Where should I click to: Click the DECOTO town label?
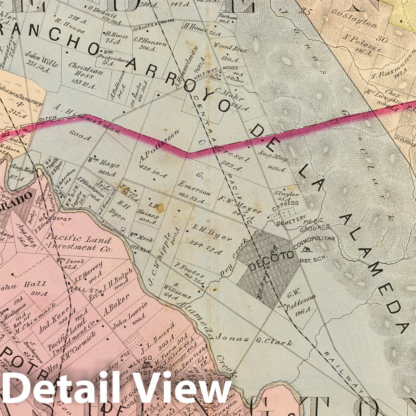click(272, 255)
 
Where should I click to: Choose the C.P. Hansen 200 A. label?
click(144, 43)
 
